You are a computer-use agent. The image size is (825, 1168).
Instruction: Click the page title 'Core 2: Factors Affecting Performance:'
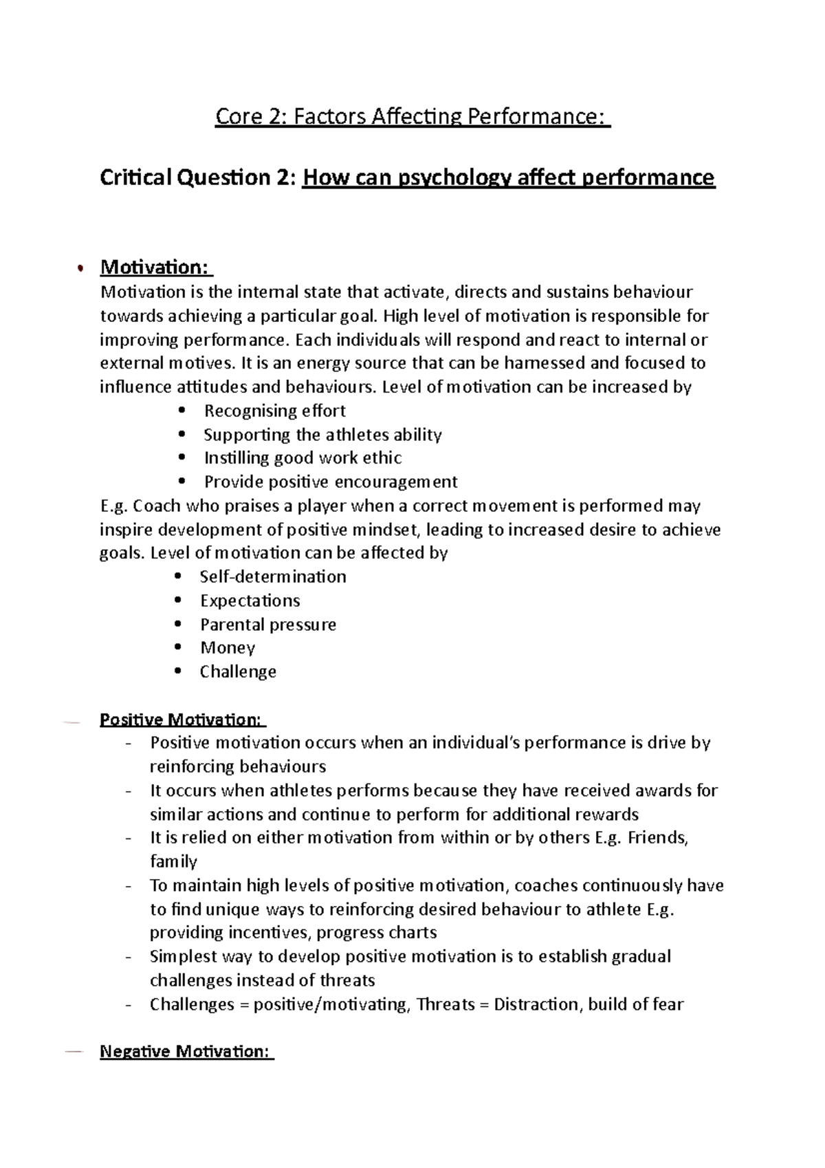click(x=412, y=117)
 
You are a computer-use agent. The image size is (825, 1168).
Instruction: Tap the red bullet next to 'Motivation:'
click(x=80, y=268)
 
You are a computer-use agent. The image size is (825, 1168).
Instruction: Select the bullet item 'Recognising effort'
click(x=274, y=411)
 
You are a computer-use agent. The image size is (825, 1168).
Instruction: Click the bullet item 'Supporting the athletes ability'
click(x=322, y=435)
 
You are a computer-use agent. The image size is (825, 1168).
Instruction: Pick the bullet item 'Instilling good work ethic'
click(x=302, y=458)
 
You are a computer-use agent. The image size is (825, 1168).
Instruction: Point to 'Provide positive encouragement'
click(x=331, y=482)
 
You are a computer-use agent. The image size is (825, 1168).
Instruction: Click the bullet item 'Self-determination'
click(x=273, y=576)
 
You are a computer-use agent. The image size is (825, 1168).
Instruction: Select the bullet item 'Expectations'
click(x=250, y=601)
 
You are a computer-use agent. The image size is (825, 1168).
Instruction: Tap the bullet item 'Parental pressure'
click(x=268, y=625)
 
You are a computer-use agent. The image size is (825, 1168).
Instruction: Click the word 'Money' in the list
click(x=228, y=648)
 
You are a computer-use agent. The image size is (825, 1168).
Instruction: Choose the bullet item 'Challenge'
click(x=238, y=671)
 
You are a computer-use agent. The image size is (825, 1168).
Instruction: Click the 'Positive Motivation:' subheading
click(x=181, y=720)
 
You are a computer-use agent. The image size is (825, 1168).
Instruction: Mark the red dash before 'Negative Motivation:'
click(x=72, y=1052)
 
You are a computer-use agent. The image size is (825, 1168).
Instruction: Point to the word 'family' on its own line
click(x=173, y=861)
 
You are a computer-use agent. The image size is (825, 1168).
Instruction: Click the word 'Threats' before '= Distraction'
click(x=445, y=1004)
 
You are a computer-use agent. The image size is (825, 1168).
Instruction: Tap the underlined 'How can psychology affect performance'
click(x=509, y=177)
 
